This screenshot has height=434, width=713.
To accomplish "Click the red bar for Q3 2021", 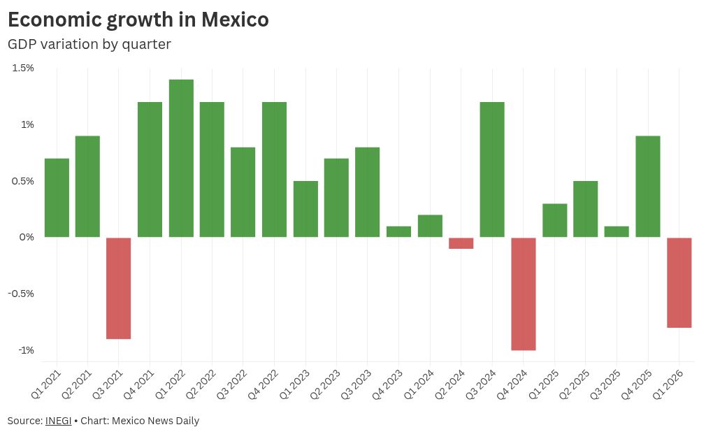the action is tap(119, 288).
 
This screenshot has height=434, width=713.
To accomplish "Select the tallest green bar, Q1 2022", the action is tap(181, 158).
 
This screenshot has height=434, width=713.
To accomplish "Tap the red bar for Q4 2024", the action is tap(524, 294).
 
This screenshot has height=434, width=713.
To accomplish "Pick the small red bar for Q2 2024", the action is tap(461, 243).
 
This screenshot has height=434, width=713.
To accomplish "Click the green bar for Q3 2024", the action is tap(492, 170).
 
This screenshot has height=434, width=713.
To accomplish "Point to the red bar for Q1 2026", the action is tap(679, 282).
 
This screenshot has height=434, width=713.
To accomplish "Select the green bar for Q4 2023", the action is tap(398, 232).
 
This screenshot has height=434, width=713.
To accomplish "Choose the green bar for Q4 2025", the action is tap(648, 187).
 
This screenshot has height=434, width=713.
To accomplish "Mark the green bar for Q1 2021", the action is tap(57, 198).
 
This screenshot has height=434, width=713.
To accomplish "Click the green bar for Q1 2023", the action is tap(305, 209).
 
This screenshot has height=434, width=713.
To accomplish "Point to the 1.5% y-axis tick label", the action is tap(23, 68).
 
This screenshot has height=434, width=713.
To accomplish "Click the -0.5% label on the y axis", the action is tap(21, 294).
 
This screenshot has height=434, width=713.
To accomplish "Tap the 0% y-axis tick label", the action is tap(27, 237).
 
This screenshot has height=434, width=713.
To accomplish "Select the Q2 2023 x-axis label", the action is tap(325, 384).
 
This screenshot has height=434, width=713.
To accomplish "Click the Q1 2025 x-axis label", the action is tap(543, 384).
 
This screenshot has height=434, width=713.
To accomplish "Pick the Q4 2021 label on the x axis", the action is tap(138, 384).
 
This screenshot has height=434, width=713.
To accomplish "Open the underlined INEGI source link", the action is tap(58, 421).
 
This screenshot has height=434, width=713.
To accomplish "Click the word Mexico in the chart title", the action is tap(235, 20).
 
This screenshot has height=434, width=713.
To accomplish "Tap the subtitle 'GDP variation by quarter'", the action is tap(89, 45).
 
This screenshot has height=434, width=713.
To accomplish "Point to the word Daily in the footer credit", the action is tap(187, 421).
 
